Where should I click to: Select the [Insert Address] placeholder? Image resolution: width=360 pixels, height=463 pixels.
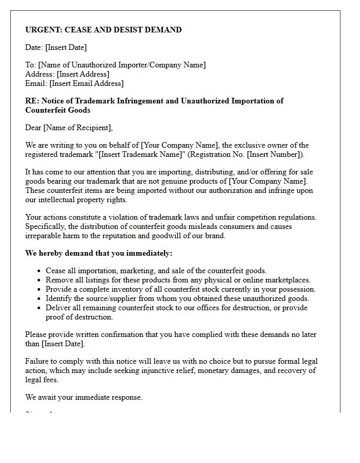point(83,74)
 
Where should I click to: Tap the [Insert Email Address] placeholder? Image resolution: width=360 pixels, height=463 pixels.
point(86,83)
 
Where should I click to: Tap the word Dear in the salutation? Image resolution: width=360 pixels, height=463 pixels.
point(33,128)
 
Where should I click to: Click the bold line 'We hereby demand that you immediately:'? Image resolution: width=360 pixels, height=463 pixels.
point(99,253)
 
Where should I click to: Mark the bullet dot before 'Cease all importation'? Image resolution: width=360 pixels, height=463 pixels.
point(40,271)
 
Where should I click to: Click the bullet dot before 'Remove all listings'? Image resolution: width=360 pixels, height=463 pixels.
point(40,280)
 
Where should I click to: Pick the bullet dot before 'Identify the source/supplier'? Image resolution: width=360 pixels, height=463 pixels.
point(40,299)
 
